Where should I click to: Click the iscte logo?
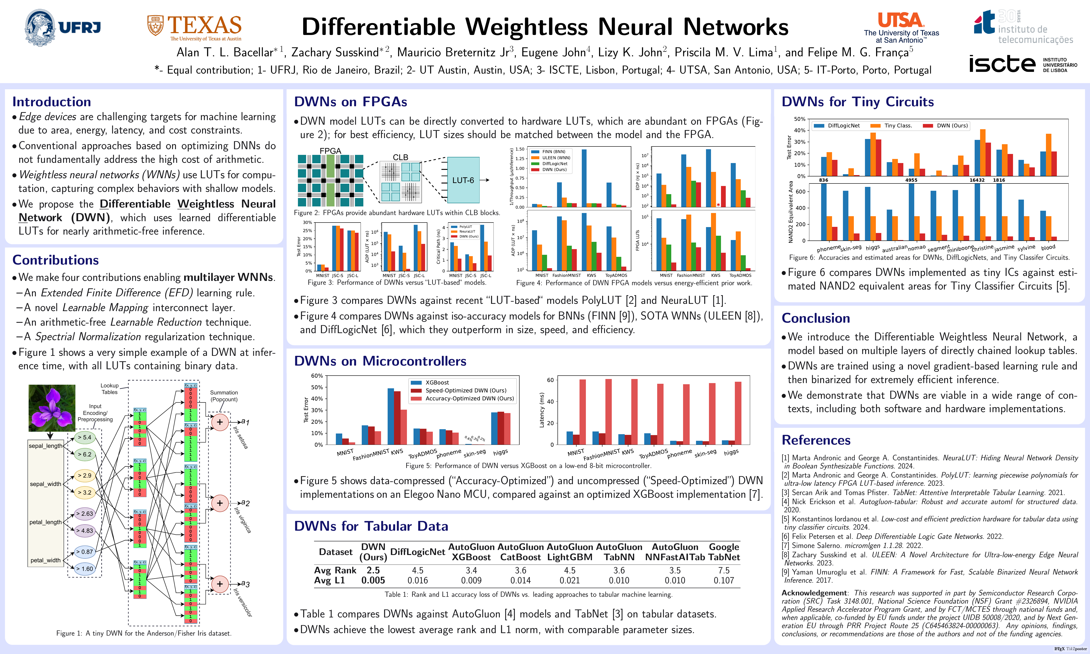1022,64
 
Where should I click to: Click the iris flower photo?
52,408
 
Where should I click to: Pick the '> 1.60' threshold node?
85,569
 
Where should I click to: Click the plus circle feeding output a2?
219,503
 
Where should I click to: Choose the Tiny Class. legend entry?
897,126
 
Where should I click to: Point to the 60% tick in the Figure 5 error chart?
317,376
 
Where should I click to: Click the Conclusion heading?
815,318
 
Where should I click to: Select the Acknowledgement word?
814,593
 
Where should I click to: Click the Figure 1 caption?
144,633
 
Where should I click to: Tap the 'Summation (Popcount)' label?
224,396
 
